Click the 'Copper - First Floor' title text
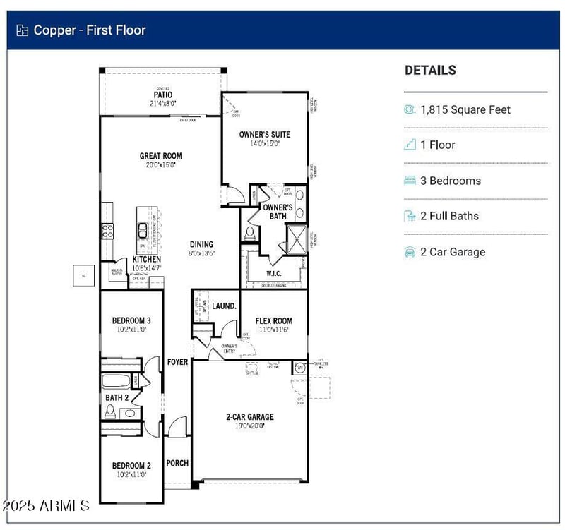(90, 30)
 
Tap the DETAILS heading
(430, 70)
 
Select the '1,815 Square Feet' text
(465, 109)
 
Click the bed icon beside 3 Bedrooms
(410, 181)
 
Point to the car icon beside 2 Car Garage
(410, 252)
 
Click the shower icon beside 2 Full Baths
(410, 216)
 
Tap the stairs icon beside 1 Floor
(410, 145)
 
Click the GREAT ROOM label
(160, 156)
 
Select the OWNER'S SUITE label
(264, 134)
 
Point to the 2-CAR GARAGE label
(249, 417)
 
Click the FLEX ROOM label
(273, 321)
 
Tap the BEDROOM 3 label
(131, 320)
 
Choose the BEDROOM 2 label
(131, 466)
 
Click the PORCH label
(177, 463)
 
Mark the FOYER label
(177, 362)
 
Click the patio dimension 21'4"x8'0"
(163, 103)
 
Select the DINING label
(201, 245)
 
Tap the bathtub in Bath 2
(117, 382)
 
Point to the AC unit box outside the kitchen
(83, 275)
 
